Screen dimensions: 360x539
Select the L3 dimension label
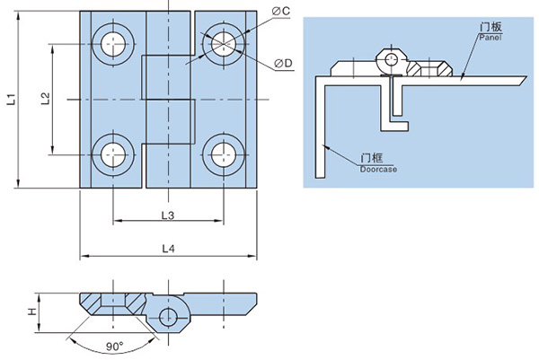[x=166, y=214]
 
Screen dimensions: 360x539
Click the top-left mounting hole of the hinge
[x=113, y=43]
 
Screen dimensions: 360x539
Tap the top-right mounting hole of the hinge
[x=221, y=43]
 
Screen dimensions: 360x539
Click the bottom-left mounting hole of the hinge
[x=113, y=152]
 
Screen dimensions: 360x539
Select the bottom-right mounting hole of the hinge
[x=221, y=152]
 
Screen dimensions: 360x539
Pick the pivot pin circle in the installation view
[x=392, y=61]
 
